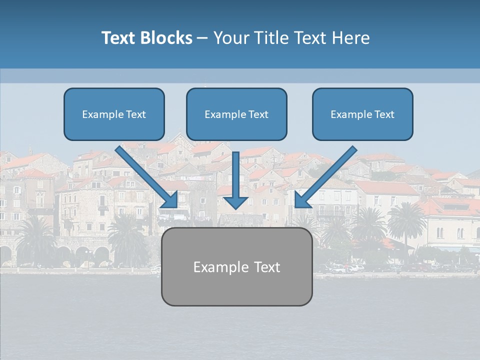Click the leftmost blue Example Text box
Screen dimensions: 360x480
pos(114,114)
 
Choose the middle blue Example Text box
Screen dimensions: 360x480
pos(236,114)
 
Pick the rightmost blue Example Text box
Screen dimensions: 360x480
pos(362,114)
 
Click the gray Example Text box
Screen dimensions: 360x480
pos(236,266)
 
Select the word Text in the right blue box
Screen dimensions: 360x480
pos(384,114)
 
